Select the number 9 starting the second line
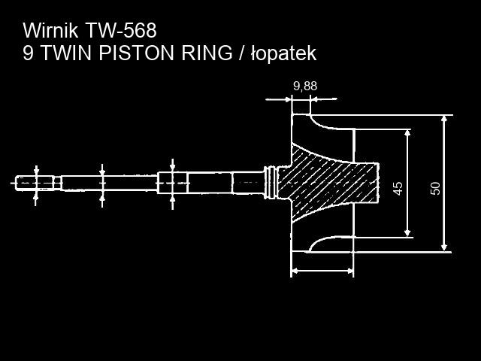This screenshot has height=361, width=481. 28,53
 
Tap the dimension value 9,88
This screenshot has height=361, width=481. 305,86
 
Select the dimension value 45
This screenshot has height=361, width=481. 398,187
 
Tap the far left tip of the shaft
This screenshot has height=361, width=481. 17,182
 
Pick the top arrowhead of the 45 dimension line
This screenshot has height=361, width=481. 407,133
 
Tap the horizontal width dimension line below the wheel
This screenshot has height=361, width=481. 322,269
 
